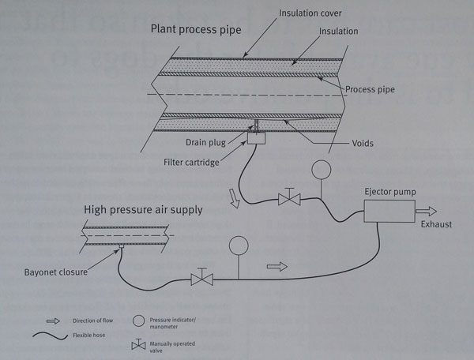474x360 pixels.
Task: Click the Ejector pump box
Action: tap(389, 211)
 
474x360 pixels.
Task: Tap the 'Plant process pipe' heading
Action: tap(196, 29)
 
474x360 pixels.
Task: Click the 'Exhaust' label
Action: tap(435, 225)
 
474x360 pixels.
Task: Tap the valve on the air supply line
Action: tap(201, 278)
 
